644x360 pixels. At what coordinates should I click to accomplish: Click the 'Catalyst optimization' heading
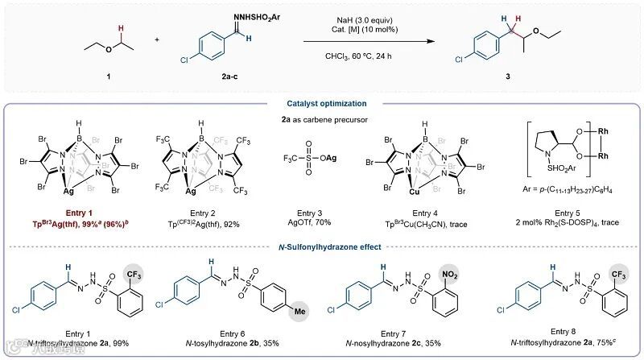point(321,102)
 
